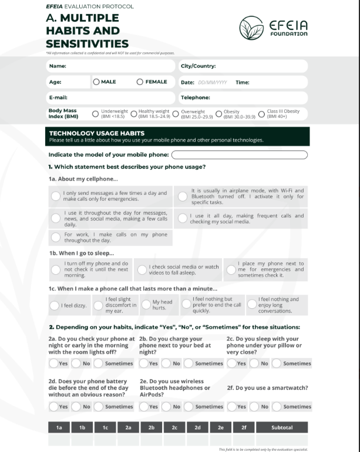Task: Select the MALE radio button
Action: (96, 82)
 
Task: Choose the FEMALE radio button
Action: (140, 82)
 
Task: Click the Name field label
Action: (58, 66)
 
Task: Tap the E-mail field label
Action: (58, 97)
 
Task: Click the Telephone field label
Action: (195, 97)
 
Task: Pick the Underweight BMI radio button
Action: (96, 114)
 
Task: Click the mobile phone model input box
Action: (239, 155)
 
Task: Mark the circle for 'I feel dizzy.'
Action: (55, 305)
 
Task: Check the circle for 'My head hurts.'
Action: (146, 305)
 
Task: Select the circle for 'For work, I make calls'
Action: (55, 237)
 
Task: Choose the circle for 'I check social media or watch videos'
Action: (142, 269)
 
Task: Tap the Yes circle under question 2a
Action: (53, 363)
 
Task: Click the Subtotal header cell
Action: (282, 427)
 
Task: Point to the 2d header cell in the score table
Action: (197, 427)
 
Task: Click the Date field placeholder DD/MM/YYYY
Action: (212, 83)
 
